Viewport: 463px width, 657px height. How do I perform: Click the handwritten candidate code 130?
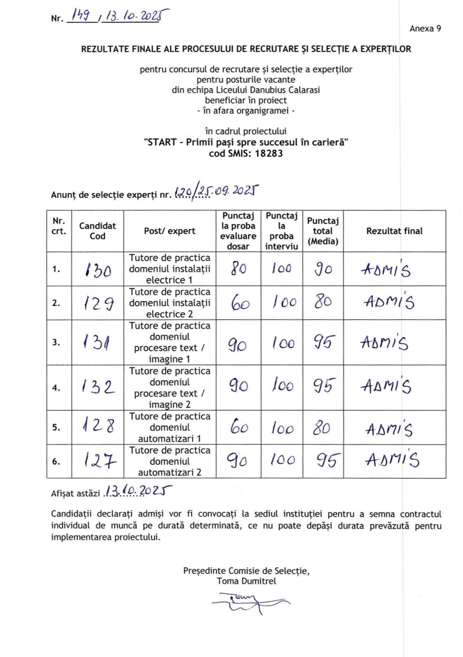click(98, 269)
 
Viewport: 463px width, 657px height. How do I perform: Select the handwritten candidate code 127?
click(100, 460)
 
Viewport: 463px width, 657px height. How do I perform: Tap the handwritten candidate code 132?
click(98, 387)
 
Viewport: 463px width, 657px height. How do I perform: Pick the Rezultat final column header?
click(394, 231)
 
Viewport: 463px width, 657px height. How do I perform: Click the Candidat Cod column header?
click(97, 231)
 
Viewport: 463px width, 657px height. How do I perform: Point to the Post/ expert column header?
click(170, 231)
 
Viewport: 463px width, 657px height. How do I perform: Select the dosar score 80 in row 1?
click(238, 268)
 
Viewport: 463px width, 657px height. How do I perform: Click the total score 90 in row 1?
click(323, 268)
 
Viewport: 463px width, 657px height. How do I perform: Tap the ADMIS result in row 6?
click(393, 460)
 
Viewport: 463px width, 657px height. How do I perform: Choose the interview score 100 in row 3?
click(283, 343)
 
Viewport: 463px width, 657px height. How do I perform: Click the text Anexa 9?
click(425, 29)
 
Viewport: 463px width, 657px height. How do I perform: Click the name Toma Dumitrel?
click(246, 581)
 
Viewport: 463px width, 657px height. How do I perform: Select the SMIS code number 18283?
click(269, 154)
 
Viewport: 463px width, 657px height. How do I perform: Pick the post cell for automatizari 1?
click(170, 427)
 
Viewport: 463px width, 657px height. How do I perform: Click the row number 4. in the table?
click(56, 388)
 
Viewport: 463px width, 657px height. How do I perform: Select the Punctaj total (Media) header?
click(323, 231)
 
